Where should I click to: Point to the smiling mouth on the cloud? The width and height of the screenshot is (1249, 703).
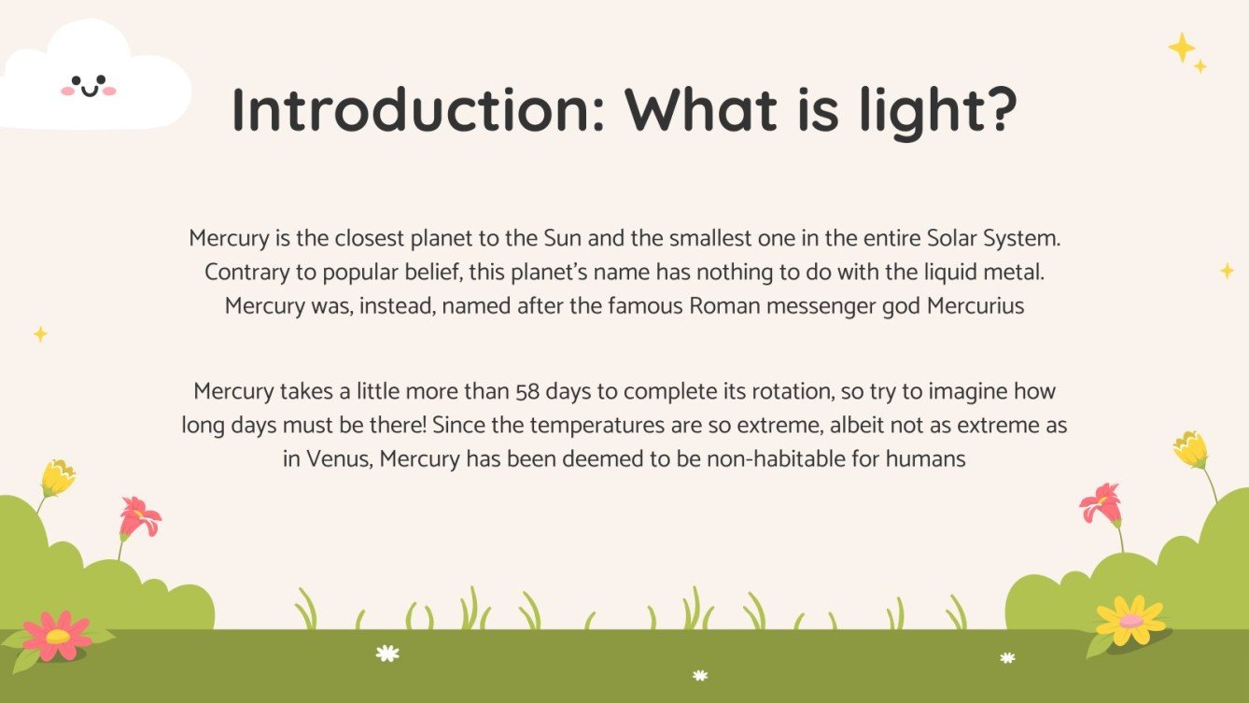click(x=89, y=91)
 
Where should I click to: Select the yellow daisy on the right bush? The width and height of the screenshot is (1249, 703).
click(x=1130, y=620)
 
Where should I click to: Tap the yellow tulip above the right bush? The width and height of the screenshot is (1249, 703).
click(x=1190, y=450)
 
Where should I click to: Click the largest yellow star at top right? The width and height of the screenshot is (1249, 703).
click(x=1182, y=47)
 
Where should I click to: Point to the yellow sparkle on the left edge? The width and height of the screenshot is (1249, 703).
click(x=40, y=333)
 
